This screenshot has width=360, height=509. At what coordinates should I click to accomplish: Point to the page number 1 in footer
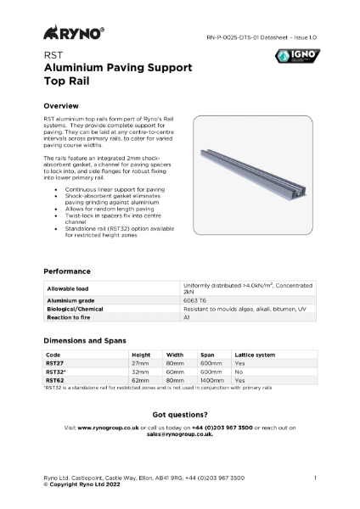pos(315,478)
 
